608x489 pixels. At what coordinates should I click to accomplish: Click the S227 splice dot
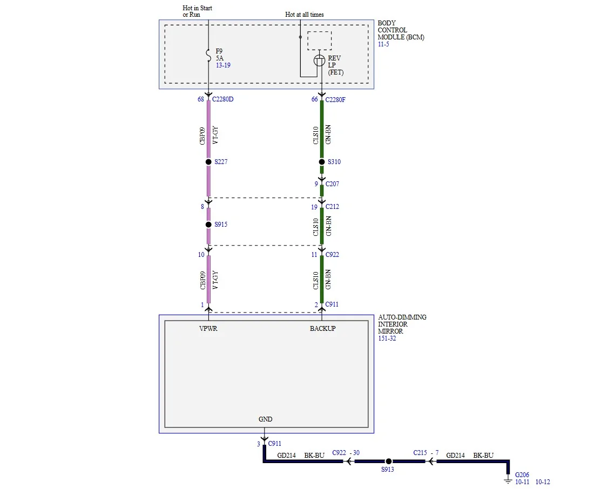tap(208, 161)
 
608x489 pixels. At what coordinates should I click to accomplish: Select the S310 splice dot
tap(321, 161)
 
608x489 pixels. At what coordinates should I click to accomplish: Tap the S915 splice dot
tap(208, 225)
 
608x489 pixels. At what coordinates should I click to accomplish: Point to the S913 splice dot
tap(389, 461)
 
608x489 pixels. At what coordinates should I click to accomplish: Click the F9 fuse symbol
tap(208, 56)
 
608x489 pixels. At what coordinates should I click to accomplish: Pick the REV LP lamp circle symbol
tap(319, 60)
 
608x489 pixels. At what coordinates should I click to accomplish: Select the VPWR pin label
tap(208, 329)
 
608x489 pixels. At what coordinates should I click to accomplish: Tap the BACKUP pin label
tap(322, 329)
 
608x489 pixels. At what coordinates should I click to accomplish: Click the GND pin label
tap(265, 419)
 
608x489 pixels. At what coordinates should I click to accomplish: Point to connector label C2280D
tap(222, 99)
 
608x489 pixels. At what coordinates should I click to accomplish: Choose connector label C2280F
tap(335, 100)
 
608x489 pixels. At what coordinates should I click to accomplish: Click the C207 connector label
tap(332, 184)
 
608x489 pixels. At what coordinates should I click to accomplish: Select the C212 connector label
tap(332, 207)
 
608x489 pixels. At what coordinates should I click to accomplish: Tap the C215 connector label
tap(420, 453)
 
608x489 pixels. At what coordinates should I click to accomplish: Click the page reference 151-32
tap(387, 338)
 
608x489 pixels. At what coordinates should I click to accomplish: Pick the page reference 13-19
tap(223, 65)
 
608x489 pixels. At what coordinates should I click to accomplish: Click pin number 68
tap(200, 99)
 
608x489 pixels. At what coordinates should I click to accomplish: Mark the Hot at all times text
tap(305, 15)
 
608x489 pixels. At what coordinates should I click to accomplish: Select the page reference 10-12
tap(543, 482)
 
